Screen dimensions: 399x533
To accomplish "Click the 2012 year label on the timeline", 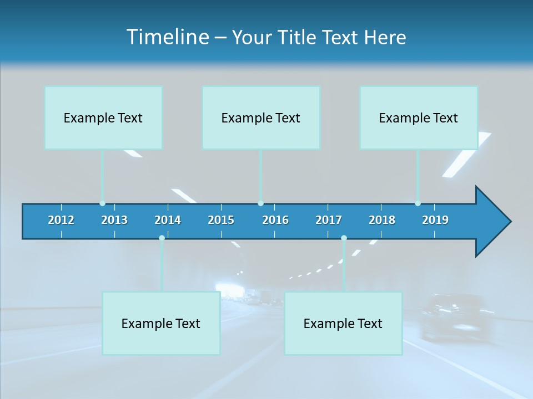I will pyautogui.click(x=61, y=220).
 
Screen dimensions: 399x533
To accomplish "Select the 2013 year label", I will pyautogui.click(x=114, y=220).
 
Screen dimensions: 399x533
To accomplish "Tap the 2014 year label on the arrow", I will pyautogui.click(x=168, y=220).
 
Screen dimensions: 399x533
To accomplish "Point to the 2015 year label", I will pyautogui.click(x=221, y=220).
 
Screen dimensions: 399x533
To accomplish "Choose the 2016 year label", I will pyautogui.click(x=275, y=220).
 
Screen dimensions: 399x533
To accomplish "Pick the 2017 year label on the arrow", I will pyautogui.click(x=329, y=220).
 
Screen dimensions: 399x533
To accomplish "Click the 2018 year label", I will pyautogui.click(x=382, y=220).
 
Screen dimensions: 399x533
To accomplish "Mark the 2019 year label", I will pyautogui.click(x=435, y=220).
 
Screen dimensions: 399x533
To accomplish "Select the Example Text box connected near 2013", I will pyautogui.click(x=103, y=118).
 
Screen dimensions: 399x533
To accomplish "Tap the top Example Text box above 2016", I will pyautogui.click(x=261, y=118).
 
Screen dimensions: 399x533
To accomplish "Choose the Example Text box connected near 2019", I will pyautogui.click(x=419, y=118).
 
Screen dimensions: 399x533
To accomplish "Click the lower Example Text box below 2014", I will pyautogui.click(x=161, y=324).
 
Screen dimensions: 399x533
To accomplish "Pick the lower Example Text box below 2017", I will pyautogui.click(x=343, y=324).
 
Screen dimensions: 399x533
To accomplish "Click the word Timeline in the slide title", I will pyautogui.click(x=167, y=37).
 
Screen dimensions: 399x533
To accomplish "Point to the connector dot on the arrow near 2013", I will pyautogui.click(x=102, y=203).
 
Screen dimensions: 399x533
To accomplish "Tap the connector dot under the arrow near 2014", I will pyautogui.click(x=162, y=238).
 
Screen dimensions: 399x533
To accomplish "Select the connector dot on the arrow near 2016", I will pyautogui.click(x=260, y=203).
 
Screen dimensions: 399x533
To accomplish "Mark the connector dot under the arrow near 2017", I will pyautogui.click(x=344, y=238).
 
